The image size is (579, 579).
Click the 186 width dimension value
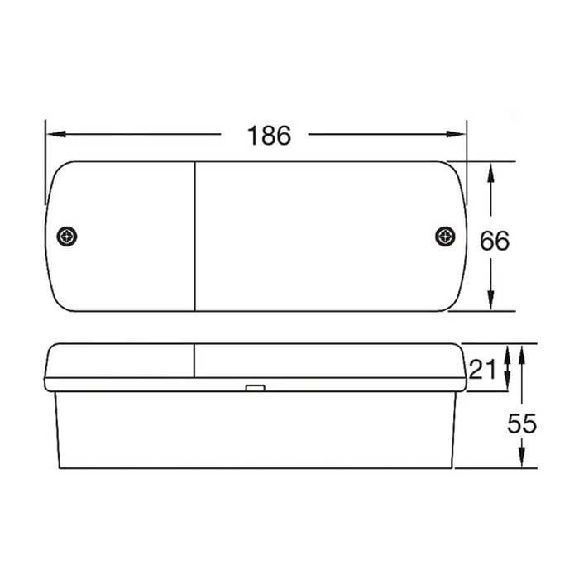coord(269,136)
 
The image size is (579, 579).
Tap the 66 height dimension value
coord(495,241)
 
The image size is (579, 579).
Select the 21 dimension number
coord(482,369)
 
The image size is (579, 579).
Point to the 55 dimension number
coord(522,424)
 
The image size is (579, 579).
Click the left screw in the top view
coord(67,237)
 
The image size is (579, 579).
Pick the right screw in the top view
coord(445,237)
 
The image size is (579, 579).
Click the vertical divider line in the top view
coord(195,237)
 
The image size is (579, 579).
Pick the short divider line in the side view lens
coord(194,361)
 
